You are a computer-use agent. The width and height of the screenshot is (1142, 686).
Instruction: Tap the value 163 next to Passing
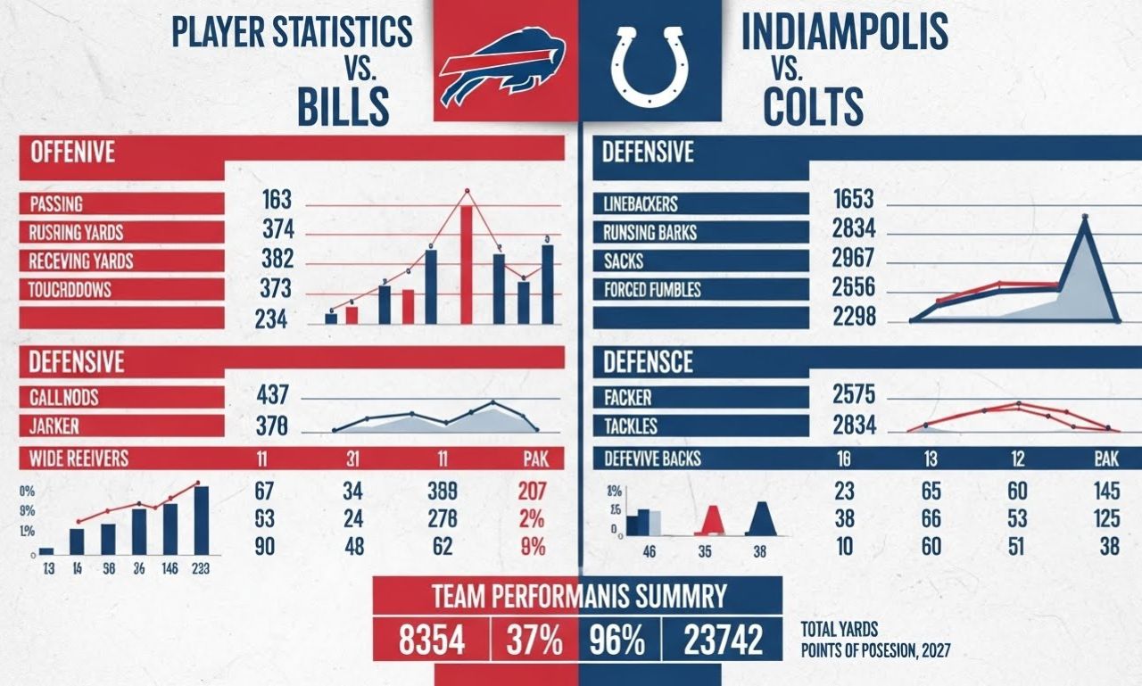(x=277, y=201)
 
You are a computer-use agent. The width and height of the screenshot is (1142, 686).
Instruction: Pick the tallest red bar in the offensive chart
(x=466, y=264)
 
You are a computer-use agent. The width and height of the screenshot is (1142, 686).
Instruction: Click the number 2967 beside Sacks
(x=853, y=260)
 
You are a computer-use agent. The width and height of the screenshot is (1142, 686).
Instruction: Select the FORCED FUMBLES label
(x=652, y=289)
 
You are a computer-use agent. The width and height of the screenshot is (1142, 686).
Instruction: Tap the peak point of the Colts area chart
(x=1085, y=217)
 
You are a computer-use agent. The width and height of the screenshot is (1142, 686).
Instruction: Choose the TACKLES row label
(x=632, y=426)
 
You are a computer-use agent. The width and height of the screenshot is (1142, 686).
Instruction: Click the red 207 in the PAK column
(x=531, y=490)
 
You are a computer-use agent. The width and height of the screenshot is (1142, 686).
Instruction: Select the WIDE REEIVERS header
(x=79, y=459)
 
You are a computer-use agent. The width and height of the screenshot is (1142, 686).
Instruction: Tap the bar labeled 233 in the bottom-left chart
(x=202, y=520)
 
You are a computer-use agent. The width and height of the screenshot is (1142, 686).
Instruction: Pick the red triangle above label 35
(x=711, y=520)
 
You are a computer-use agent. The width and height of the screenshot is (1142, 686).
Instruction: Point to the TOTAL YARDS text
(x=839, y=629)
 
